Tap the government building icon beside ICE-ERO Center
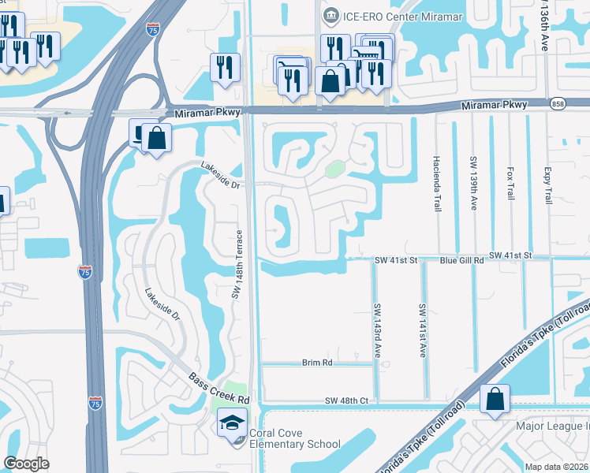(330, 15)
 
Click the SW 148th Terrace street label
(235, 269)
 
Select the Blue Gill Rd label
(461, 258)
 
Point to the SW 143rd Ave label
(378, 331)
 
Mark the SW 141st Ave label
(423, 331)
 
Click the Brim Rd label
(318, 363)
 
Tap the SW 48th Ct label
(347, 401)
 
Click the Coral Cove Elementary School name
(295, 439)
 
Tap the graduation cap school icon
(233, 423)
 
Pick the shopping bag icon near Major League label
(495, 400)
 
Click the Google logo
(26, 464)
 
